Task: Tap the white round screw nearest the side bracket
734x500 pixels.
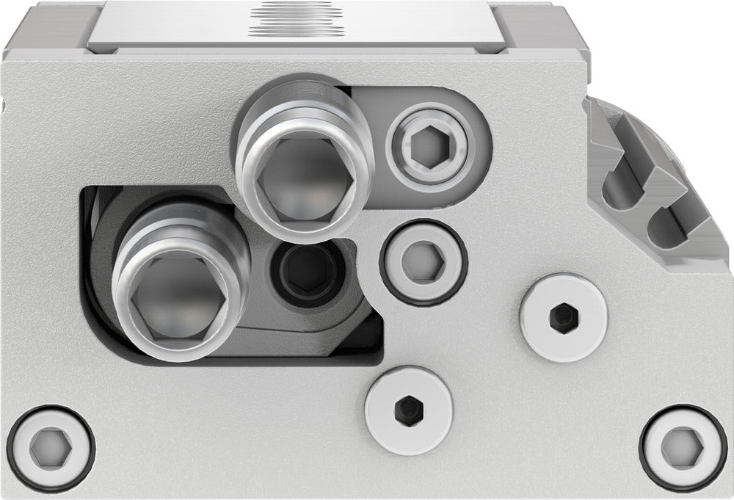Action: click(x=562, y=316)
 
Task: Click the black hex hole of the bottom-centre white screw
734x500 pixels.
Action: click(x=408, y=406)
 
